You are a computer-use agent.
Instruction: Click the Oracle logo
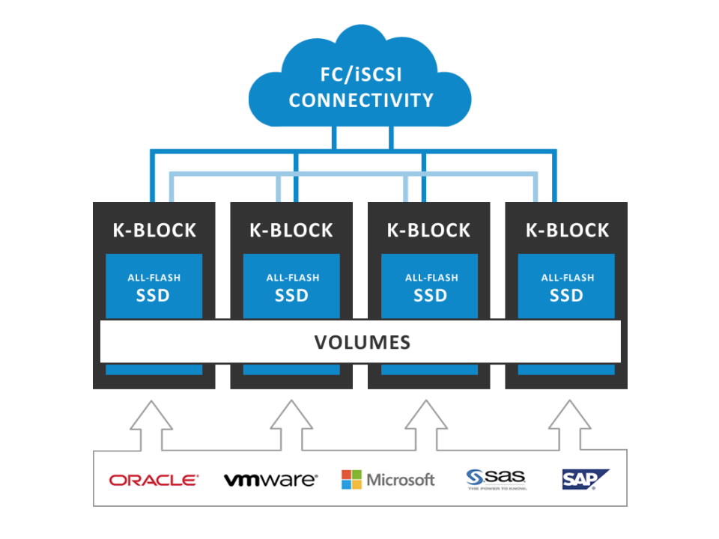tap(154, 480)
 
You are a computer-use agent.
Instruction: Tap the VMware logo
tap(270, 480)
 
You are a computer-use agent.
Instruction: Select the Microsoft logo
tap(388, 480)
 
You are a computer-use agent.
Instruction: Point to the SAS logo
tap(496, 478)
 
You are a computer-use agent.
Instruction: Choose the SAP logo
tap(585, 479)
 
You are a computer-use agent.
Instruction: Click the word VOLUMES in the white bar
tap(362, 343)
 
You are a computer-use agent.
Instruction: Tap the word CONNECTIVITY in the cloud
tap(361, 100)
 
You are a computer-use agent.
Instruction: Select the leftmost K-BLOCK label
tap(154, 230)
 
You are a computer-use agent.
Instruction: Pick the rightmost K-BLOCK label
tap(567, 230)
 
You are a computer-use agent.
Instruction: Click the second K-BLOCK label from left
tap(291, 230)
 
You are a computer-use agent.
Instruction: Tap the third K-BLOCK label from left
tap(429, 230)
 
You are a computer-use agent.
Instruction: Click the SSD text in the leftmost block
tap(154, 295)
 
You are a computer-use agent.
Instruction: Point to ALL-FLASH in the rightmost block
tap(567, 278)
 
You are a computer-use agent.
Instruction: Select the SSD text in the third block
tap(429, 295)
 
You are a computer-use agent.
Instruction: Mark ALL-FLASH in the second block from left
tap(292, 278)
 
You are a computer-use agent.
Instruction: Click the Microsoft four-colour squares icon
tap(351, 480)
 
